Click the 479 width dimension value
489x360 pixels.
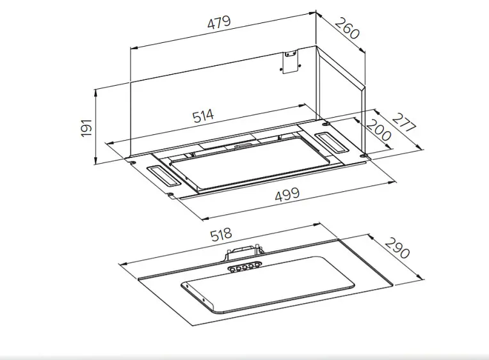(x=219, y=22)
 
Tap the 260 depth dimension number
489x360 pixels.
(x=348, y=29)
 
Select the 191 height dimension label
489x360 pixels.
(x=86, y=127)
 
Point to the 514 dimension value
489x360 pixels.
(x=203, y=116)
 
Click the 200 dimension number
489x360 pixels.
(x=378, y=130)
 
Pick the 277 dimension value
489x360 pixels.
(x=404, y=122)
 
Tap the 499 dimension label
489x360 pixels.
(x=287, y=194)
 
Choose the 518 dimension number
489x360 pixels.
(x=221, y=235)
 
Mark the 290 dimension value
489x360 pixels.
(x=397, y=248)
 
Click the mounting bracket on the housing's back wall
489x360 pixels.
(x=291, y=61)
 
